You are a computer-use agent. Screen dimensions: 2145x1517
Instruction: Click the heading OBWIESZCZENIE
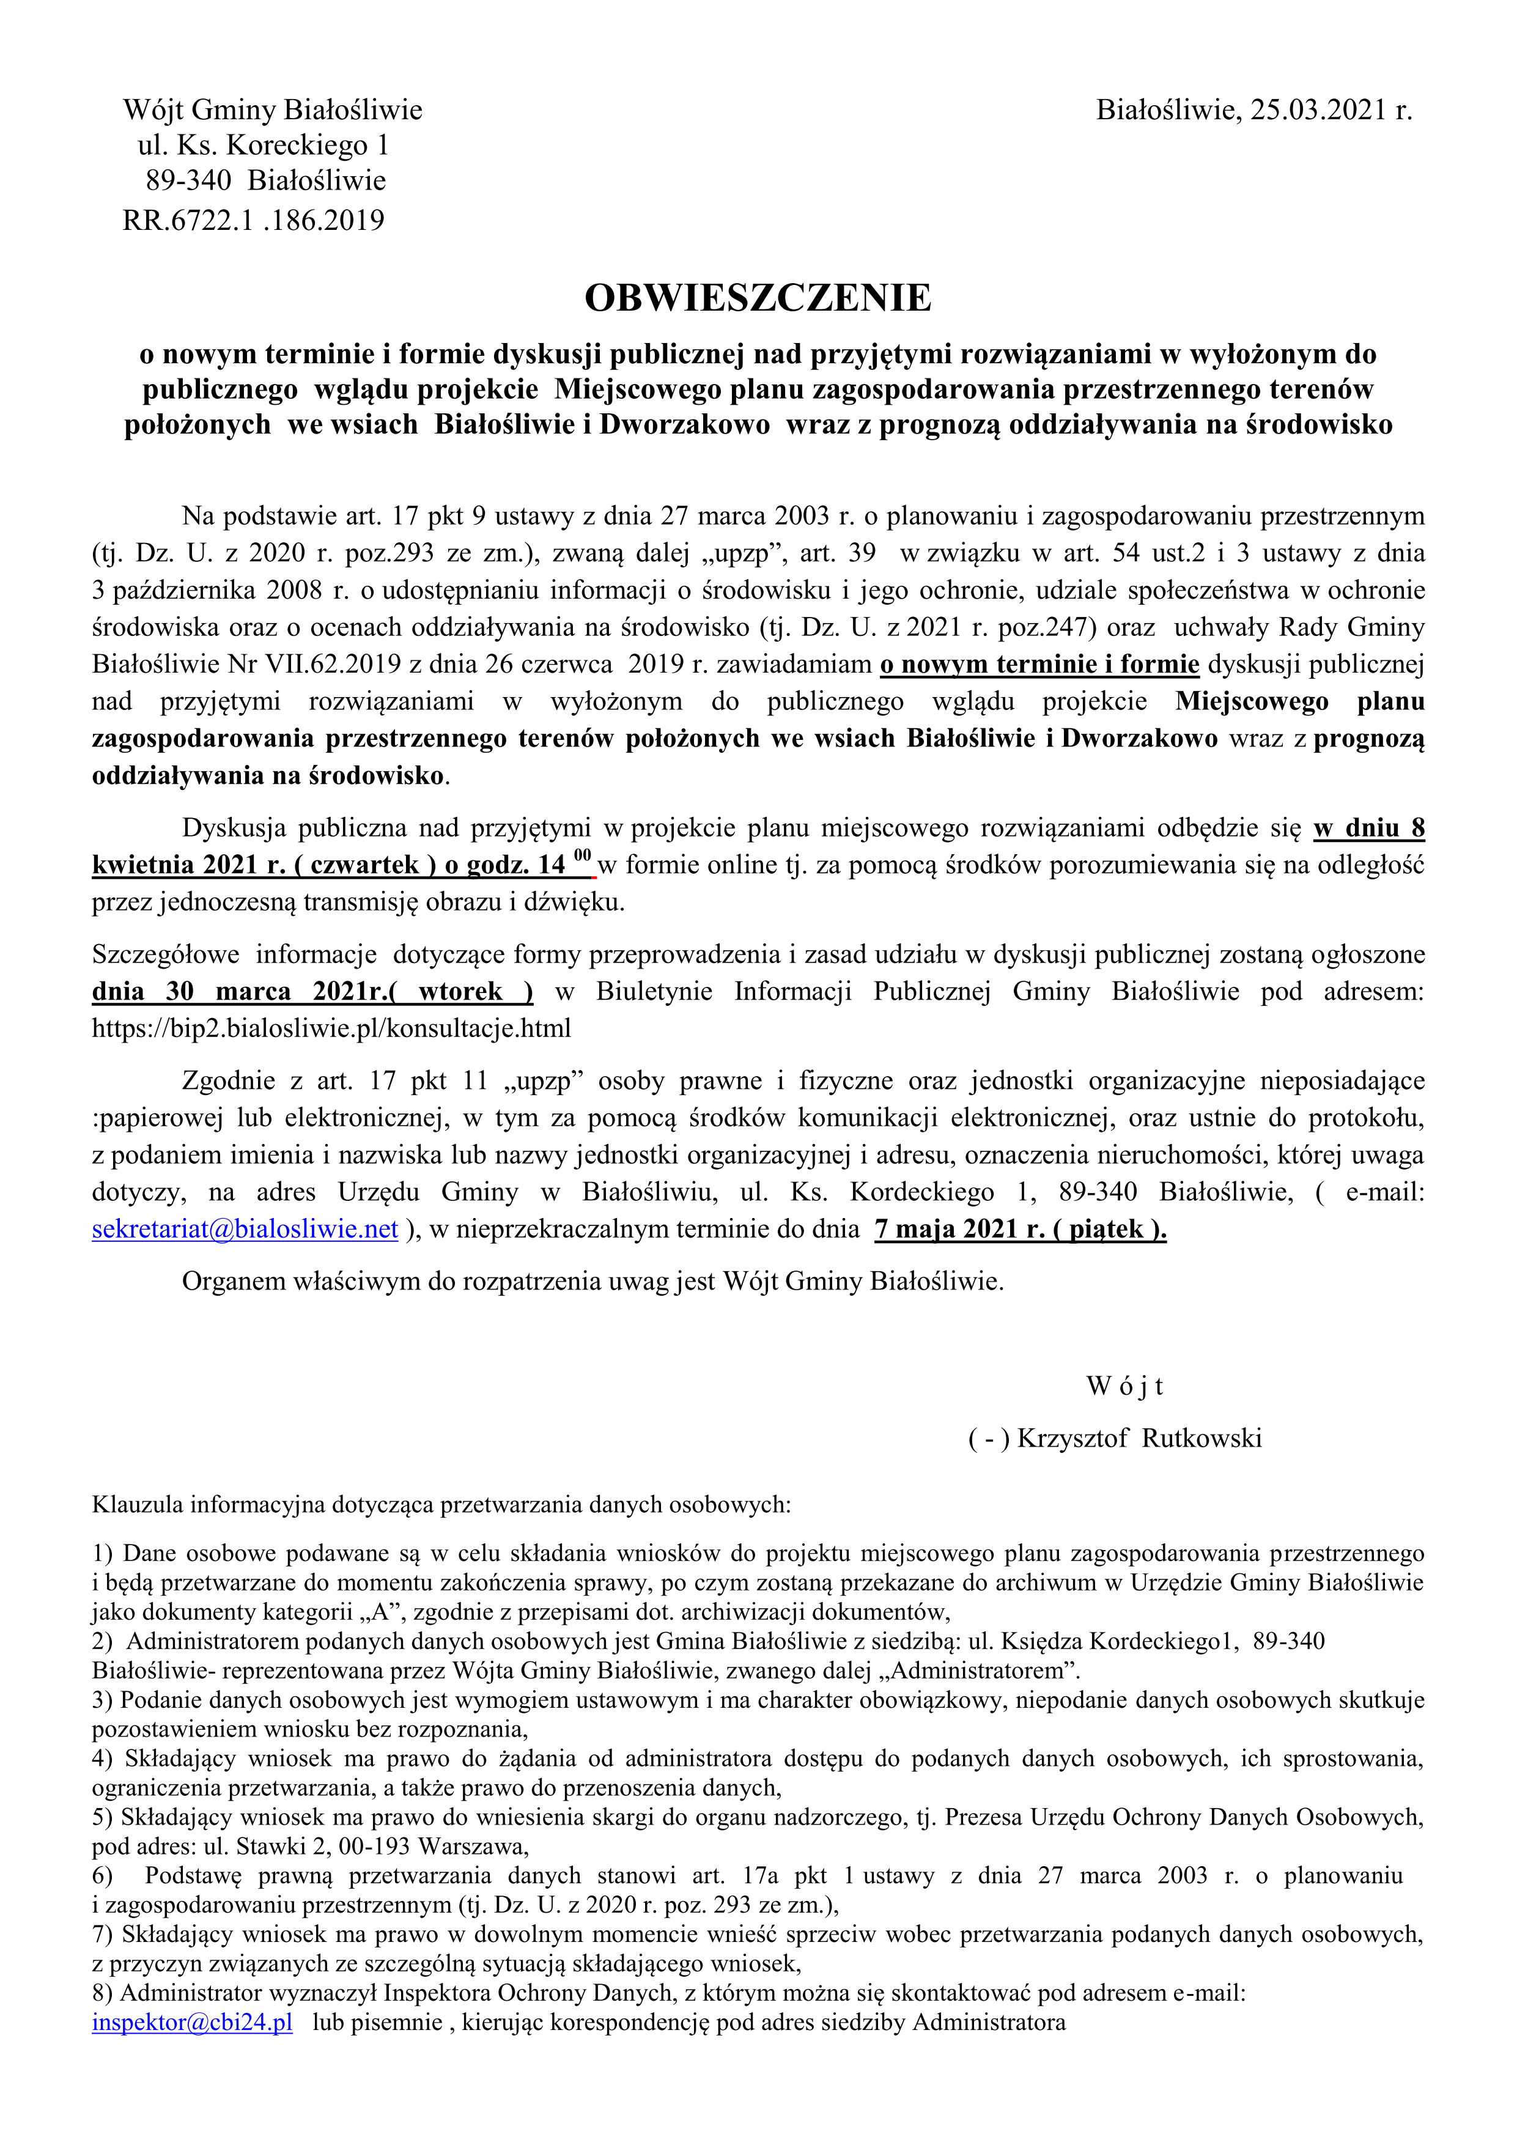tap(758, 298)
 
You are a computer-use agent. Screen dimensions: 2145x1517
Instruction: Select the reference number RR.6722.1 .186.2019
tap(253, 221)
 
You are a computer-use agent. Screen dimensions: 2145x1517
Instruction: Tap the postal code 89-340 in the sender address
tap(188, 180)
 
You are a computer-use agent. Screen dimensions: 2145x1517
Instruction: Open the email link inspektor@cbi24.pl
tap(191, 2023)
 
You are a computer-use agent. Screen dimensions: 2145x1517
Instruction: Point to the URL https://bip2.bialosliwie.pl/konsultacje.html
tap(331, 1028)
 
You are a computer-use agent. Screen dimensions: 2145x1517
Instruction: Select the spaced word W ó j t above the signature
tap(1124, 1386)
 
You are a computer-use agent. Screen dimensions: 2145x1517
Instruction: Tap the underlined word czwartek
tap(364, 865)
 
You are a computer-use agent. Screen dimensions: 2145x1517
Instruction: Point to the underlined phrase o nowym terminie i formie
tap(1039, 664)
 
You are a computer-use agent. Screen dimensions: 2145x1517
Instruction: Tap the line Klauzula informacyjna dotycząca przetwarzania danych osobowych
tap(441, 1504)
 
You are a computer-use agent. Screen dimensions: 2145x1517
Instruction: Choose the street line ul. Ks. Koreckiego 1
tap(264, 146)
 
